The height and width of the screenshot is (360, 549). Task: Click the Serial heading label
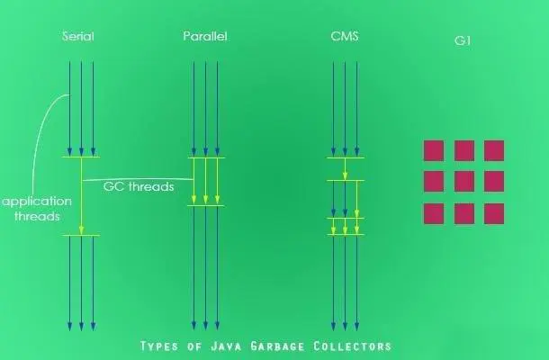[78, 36]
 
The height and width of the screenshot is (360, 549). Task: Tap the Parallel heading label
[205, 36]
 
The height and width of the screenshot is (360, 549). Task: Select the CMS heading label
[344, 36]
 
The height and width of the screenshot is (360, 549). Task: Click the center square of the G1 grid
[464, 182]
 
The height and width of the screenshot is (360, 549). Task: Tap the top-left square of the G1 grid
[434, 150]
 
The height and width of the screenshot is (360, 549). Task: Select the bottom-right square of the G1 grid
[494, 213]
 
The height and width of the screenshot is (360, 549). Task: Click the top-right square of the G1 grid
[494, 150]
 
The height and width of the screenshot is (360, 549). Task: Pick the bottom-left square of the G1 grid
[434, 213]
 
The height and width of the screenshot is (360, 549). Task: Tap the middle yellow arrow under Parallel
[206, 181]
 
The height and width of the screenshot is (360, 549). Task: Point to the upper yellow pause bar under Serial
[81, 157]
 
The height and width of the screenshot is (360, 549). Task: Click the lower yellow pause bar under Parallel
[206, 206]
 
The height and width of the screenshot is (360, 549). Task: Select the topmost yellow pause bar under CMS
[346, 157]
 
